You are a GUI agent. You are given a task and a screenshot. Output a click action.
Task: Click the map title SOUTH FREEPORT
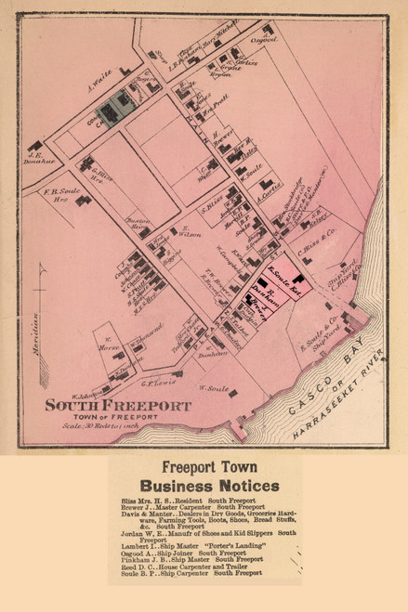click(x=118, y=405)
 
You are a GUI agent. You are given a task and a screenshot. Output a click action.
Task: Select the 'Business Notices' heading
click(x=208, y=486)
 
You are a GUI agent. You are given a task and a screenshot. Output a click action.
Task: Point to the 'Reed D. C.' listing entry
click(x=136, y=566)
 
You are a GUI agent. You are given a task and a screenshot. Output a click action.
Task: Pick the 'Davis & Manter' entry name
click(x=149, y=513)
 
